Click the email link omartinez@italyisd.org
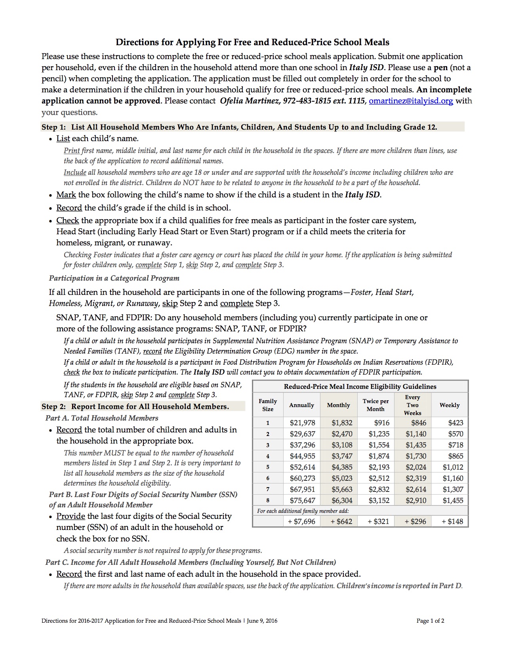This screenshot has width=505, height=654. point(411,101)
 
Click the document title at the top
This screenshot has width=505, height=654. point(252,42)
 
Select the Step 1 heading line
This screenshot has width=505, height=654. point(239,127)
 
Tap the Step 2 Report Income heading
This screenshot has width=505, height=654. point(135,407)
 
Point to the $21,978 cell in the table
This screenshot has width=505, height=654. point(302,423)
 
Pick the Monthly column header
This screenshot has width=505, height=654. point(338,405)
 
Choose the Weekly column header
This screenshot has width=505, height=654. point(450,405)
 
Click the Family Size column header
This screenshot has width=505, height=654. point(268,405)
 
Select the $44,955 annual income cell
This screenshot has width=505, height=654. point(302,456)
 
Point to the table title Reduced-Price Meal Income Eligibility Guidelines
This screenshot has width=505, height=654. point(360,386)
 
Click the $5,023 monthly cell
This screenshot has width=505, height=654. point(342,478)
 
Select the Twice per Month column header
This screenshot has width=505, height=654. point(375,405)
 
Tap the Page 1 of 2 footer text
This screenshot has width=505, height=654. point(430,621)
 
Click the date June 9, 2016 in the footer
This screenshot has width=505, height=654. point(262,621)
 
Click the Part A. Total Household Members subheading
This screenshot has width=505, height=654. point(102,418)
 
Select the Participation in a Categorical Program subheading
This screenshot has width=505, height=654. point(114,278)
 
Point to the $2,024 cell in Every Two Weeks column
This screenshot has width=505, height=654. point(415,467)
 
